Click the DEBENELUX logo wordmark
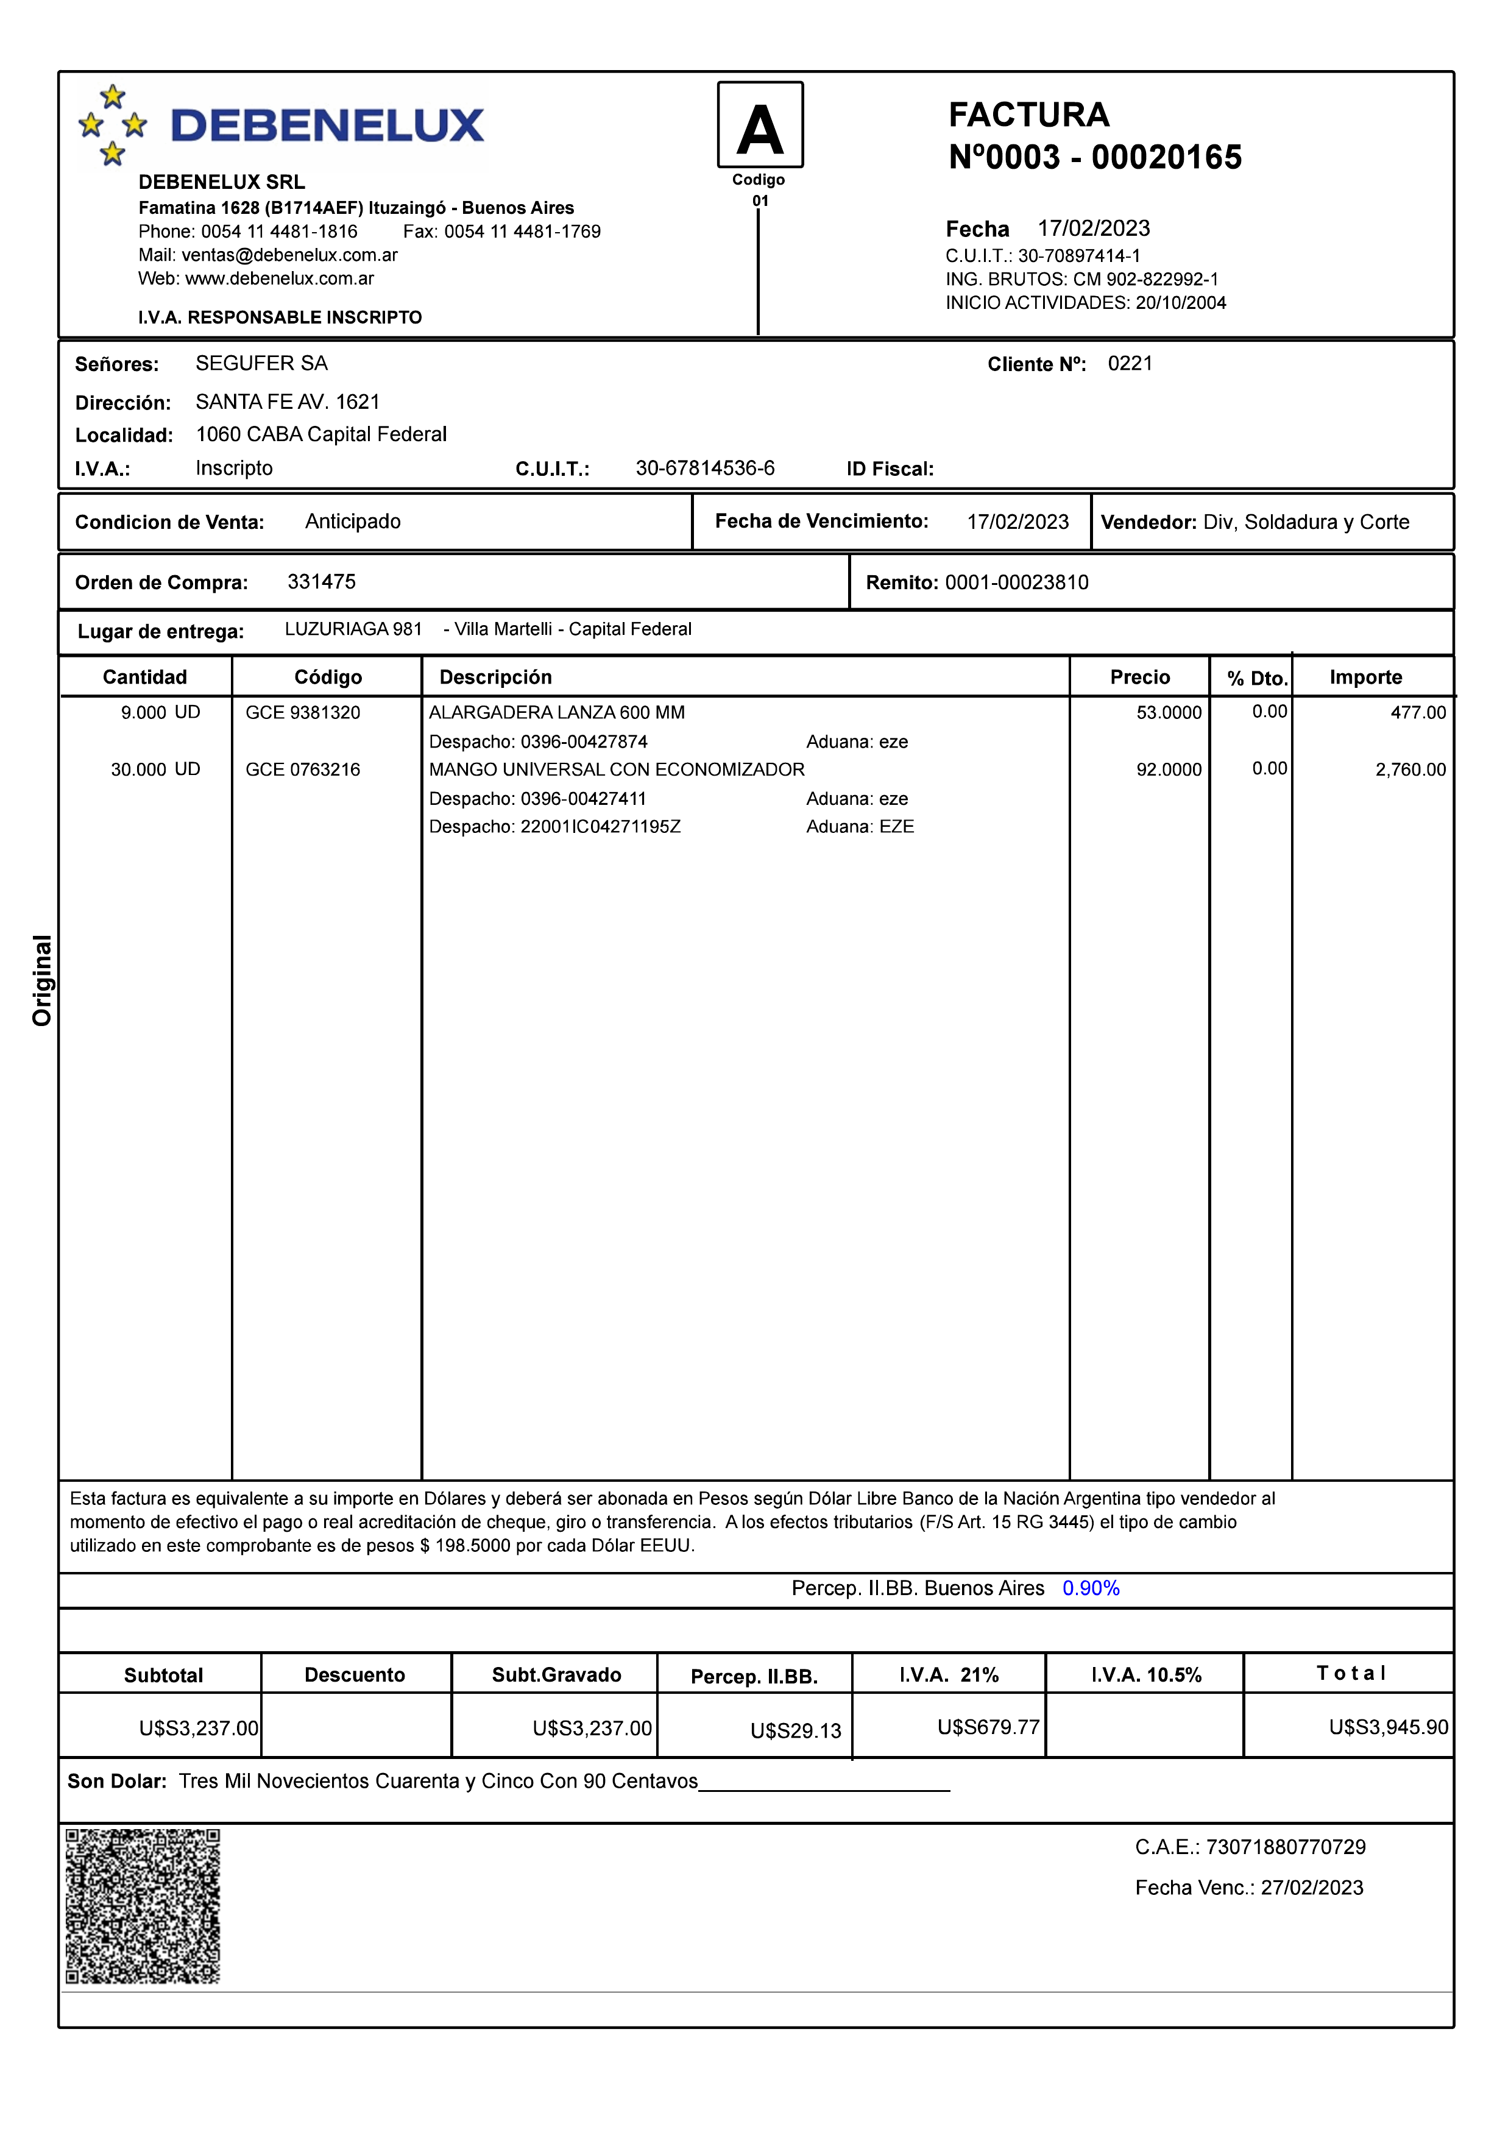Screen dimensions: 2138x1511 point(327,126)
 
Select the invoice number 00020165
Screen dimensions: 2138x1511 point(1167,157)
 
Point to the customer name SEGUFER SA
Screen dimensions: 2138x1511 point(261,363)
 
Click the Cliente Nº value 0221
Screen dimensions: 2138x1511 point(1130,363)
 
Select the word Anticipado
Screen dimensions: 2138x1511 point(353,522)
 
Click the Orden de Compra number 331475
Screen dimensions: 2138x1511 point(321,582)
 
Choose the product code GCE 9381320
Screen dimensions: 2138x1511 point(303,712)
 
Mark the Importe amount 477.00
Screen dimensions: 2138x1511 point(1418,712)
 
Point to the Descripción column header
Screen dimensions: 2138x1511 point(495,677)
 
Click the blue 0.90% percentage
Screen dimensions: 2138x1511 point(1090,1588)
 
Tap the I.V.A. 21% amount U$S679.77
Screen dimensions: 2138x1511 point(988,1727)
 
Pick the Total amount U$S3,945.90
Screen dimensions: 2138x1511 point(1388,1727)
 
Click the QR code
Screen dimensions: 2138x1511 point(143,1906)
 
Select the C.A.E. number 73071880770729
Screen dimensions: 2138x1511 point(1286,1847)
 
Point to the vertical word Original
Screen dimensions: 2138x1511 point(42,980)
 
